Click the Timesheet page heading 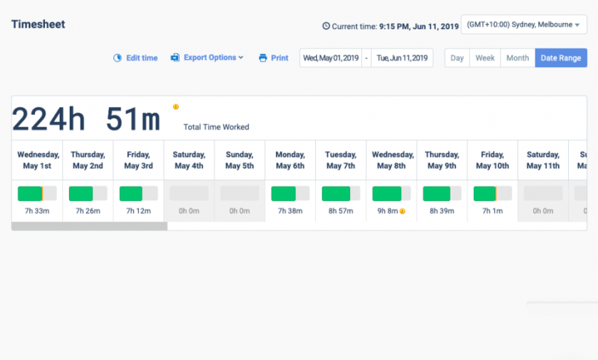38,24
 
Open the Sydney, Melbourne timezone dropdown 523,25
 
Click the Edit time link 135,58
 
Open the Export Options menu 207,58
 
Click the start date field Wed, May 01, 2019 331,58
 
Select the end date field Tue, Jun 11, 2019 402,58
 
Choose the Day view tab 457,58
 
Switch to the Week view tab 485,58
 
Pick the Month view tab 517,58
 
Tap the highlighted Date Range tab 560,58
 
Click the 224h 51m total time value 86,119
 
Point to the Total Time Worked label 216,127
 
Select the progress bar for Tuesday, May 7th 341,193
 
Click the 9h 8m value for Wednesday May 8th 388,211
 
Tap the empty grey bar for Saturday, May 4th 189,193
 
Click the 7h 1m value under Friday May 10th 493,211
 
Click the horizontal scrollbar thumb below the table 89,226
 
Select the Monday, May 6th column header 290,160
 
